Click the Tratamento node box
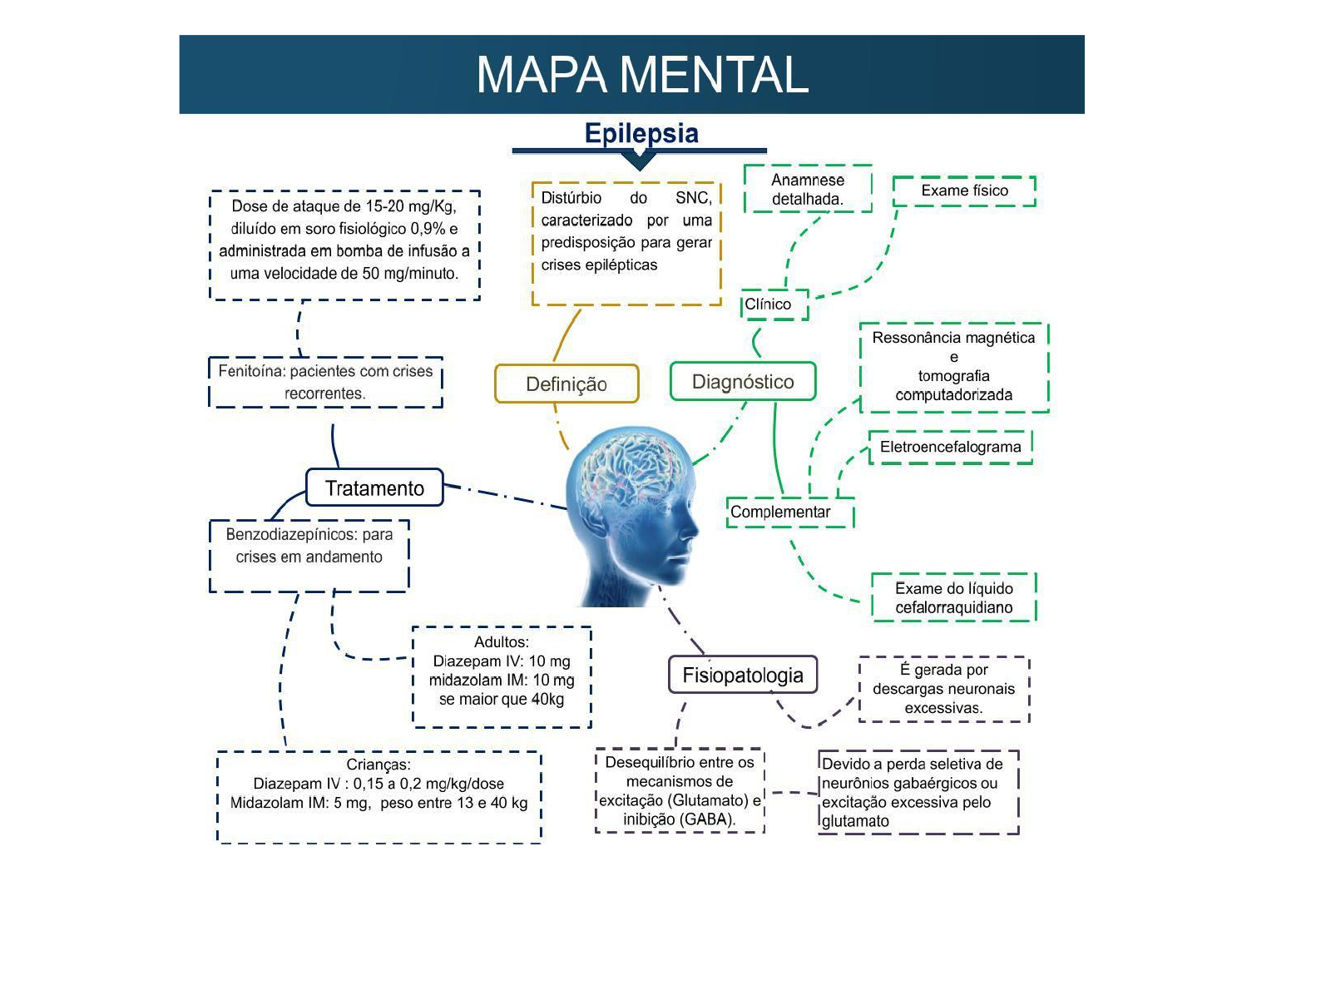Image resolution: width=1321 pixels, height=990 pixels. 374,488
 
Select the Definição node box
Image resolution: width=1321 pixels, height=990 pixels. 566,384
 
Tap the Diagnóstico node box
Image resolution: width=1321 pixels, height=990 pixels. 743,382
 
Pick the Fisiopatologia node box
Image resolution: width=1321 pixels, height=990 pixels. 743,675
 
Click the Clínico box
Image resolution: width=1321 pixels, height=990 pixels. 774,304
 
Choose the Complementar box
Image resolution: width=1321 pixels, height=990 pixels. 790,512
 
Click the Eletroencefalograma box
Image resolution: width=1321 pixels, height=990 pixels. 950,447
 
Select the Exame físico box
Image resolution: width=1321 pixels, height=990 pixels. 964,191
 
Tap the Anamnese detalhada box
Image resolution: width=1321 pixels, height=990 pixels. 808,189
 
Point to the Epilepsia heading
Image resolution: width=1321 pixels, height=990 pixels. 641,133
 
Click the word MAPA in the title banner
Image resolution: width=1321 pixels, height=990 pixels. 542,75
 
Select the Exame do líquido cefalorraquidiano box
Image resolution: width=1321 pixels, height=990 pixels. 953,597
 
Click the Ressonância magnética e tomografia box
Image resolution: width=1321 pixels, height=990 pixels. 953,367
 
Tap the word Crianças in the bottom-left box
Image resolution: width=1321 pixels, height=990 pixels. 378,765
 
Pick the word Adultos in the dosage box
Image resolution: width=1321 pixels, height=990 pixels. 501,642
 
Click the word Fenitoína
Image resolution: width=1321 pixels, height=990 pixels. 250,371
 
